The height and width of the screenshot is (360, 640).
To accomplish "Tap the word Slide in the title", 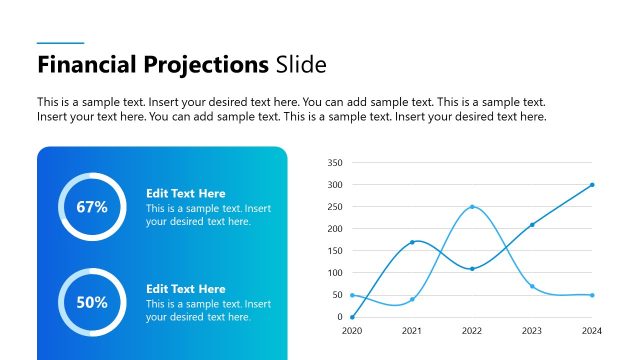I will click(x=301, y=66).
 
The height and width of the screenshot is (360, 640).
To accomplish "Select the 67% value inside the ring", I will click(x=92, y=207).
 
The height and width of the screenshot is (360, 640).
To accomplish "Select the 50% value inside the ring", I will click(x=92, y=302).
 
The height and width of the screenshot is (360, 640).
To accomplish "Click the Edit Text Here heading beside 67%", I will click(x=186, y=193).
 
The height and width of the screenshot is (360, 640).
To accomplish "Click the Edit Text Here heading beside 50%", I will click(x=186, y=289).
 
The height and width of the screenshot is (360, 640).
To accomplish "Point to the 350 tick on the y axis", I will click(x=335, y=163).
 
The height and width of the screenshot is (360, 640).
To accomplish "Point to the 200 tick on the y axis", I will click(x=335, y=229).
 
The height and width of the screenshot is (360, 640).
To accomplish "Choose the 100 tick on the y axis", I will click(x=335, y=273).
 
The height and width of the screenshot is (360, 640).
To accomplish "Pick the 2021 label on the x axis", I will click(x=412, y=330).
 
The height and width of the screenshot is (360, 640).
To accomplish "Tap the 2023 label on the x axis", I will click(x=532, y=330).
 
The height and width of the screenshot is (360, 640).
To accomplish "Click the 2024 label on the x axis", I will click(x=592, y=330).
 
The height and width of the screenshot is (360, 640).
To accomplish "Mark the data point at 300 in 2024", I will click(x=592, y=185).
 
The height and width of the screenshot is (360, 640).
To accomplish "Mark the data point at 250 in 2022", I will click(x=472, y=207).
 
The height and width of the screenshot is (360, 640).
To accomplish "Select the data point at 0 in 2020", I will click(x=352, y=317).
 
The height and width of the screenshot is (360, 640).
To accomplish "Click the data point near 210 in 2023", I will click(x=532, y=225).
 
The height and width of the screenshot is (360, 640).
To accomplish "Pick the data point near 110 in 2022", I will click(x=472, y=269).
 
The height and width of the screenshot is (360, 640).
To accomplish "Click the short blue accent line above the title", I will click(x=60, y=43).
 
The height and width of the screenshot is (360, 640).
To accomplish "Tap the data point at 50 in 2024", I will click(x=592, y=295).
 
